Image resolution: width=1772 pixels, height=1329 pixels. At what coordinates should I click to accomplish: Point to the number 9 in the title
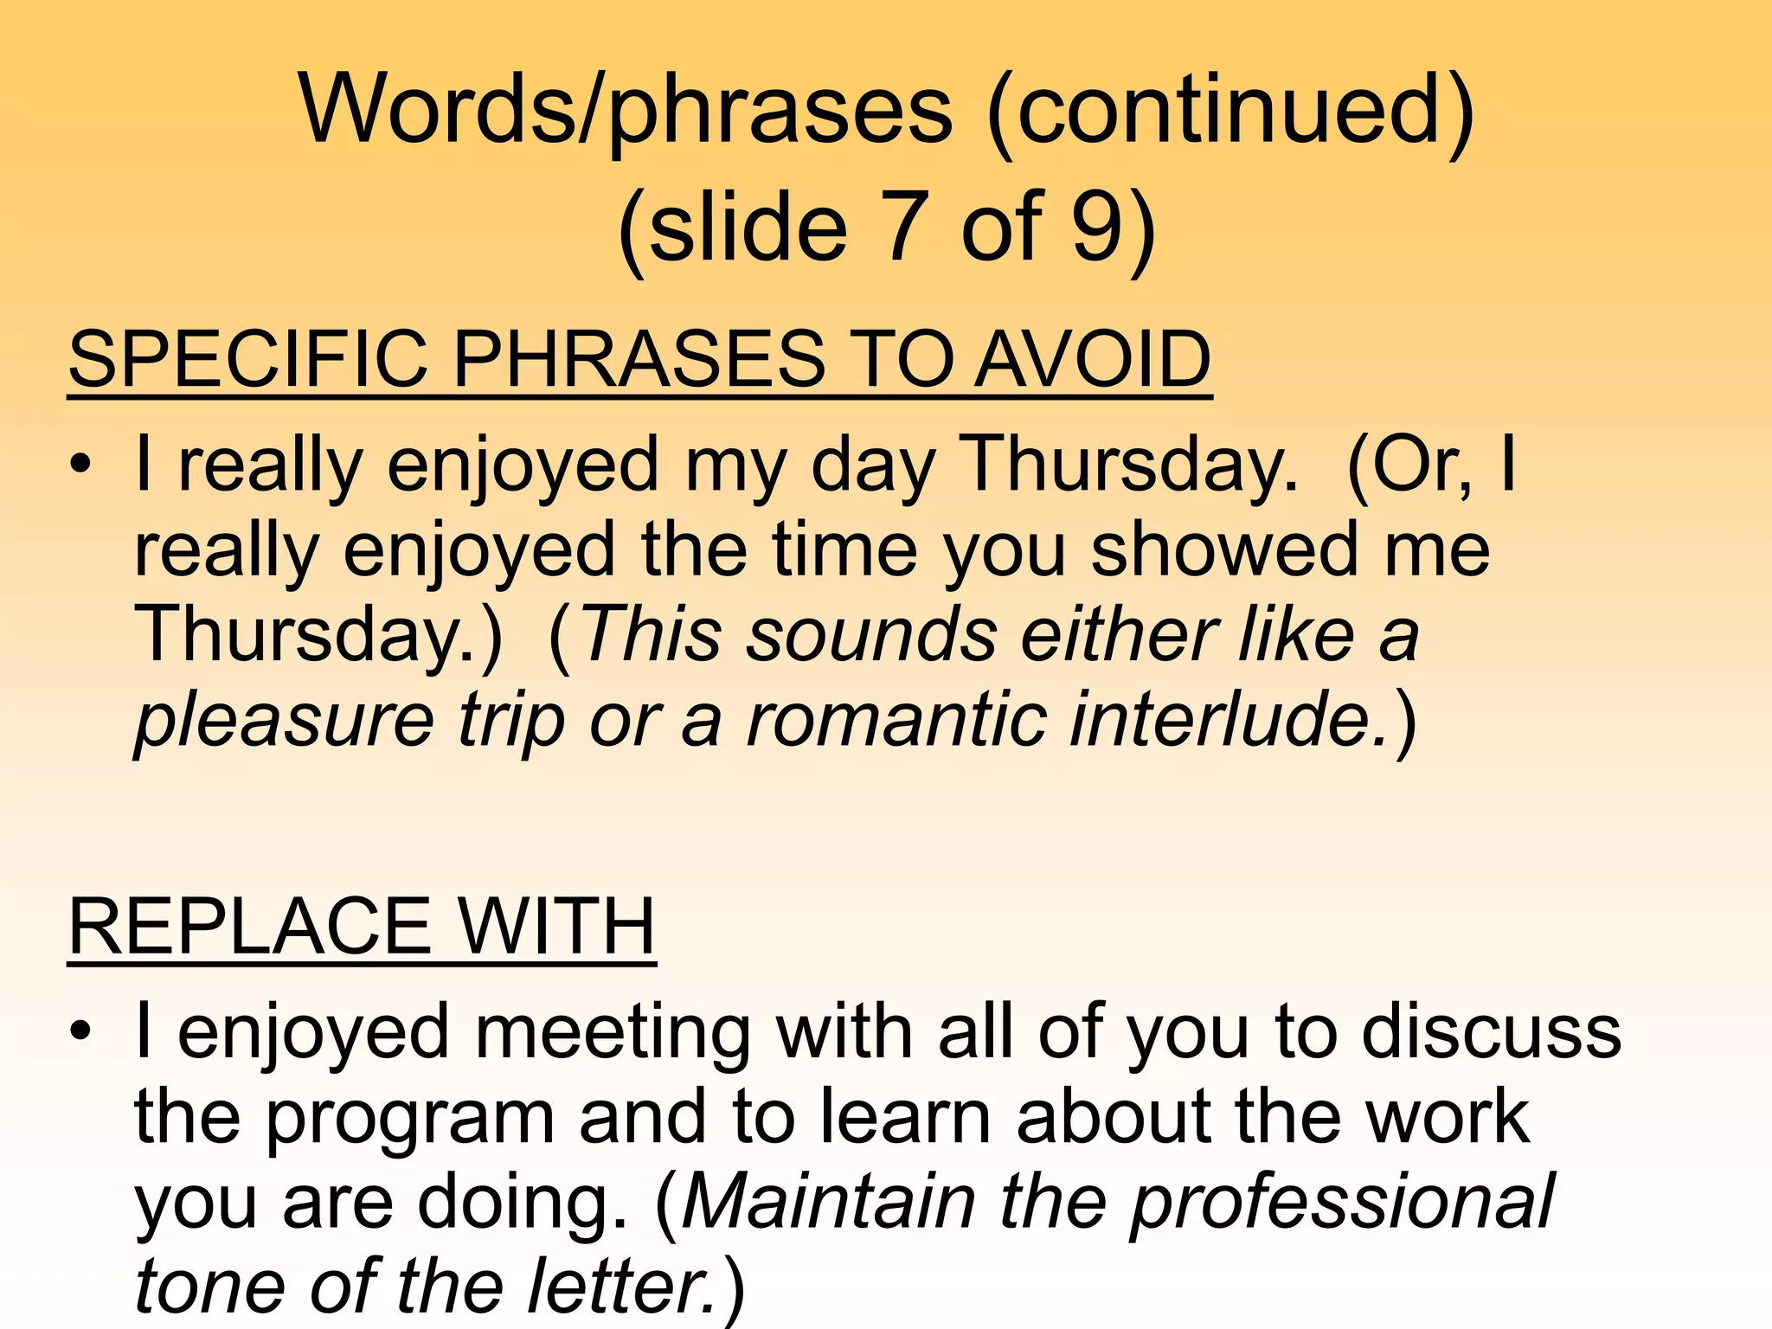[1097, 227]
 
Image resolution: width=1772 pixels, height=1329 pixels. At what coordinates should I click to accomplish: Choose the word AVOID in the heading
[1092, 359]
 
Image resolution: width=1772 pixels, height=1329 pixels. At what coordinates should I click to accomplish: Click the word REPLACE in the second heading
[249, 927]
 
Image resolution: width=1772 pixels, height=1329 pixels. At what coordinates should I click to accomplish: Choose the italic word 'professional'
[1342, 1204]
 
